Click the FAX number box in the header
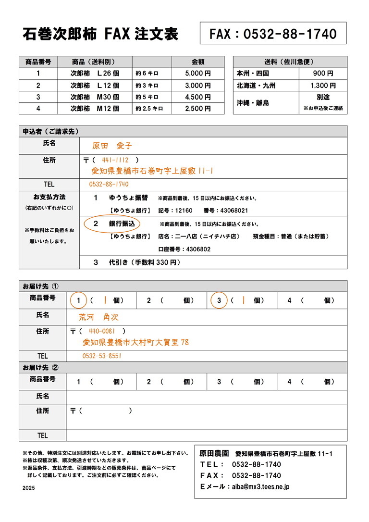[273, 34]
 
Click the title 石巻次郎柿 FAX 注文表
[100, 34]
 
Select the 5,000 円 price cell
[198, 74]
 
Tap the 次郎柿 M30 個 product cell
[94, 97]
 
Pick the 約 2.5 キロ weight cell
[149, 109]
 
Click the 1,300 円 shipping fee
[323, 86]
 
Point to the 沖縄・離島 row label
[253, 103]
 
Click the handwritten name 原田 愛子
[111, 145]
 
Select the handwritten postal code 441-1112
[115, 160]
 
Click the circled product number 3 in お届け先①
[219, 300]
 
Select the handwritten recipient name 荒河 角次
[98, 317]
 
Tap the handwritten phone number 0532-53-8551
[102, 356]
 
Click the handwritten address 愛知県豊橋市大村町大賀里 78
[135, 342]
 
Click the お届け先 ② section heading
[41, 368]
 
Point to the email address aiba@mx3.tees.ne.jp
[260, 486]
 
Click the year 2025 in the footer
[29, 487]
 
